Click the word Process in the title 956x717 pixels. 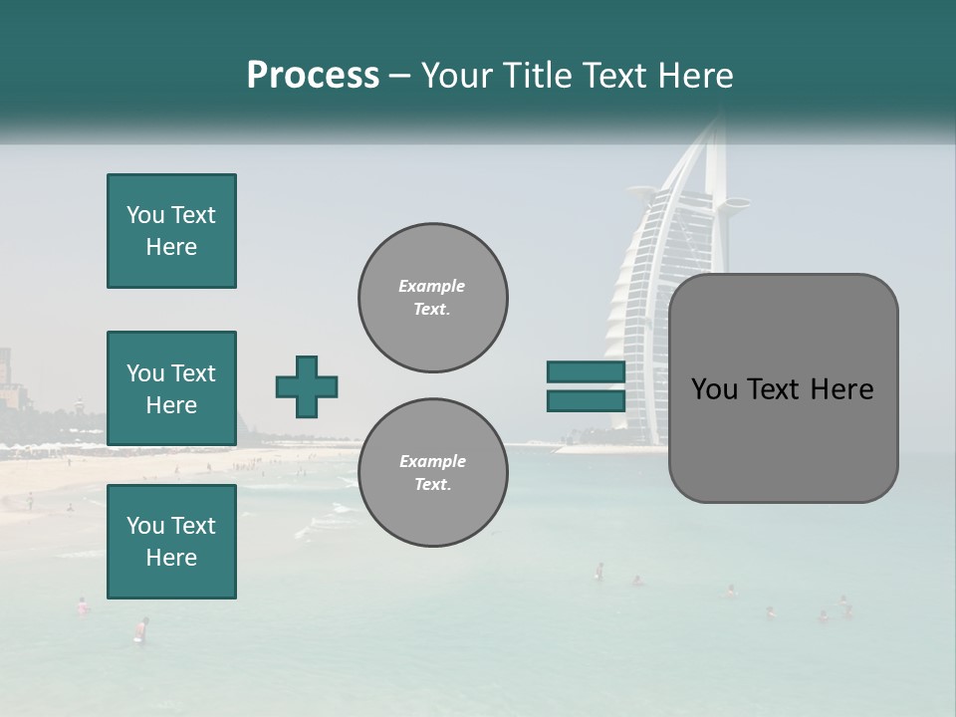313,76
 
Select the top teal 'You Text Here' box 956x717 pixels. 171,231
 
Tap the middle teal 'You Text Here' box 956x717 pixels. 171,388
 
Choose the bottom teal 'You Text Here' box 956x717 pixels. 171,542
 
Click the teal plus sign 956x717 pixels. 307,386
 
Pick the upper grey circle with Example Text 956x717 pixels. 432,298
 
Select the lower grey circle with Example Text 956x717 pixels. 432,473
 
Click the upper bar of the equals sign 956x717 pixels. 586,372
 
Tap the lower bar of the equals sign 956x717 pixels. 586,400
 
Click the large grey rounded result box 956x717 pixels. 783,388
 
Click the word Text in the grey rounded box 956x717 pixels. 773,389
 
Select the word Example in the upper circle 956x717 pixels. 432,287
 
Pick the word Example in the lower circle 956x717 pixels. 432,462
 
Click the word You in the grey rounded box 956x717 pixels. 714,389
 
